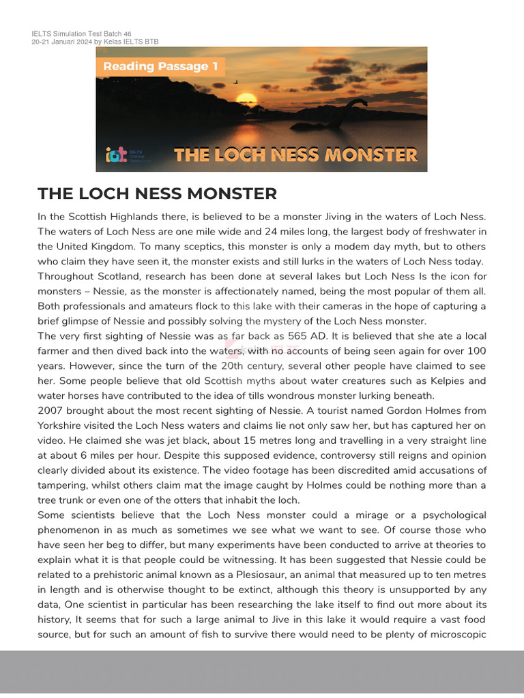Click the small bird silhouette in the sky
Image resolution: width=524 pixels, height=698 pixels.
click(x=237, y=82)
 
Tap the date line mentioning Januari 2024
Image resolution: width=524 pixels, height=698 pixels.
click(x=95, y=42)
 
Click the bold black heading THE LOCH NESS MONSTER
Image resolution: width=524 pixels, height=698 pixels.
click(x=158, y=194)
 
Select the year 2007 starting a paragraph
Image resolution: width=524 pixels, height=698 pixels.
click(x=52, y=410)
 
